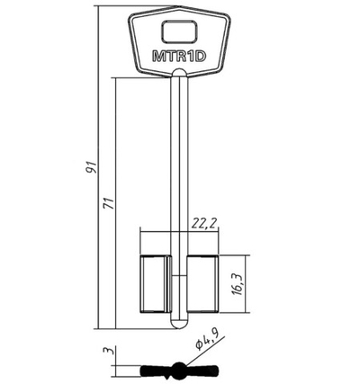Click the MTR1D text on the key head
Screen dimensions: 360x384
pyautogui.click(x=179, y=57)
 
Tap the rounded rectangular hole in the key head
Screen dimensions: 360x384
pyautogui.click(x=180, y=31)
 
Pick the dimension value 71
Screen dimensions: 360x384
pyautogui.click(x=110, y=203)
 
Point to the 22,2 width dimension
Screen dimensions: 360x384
pyautogui.click(x=204, y=223)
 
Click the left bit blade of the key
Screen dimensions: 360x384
pyautogui.click(x=154, y=284)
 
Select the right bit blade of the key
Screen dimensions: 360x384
pyautogui.click(x=203, y=284)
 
